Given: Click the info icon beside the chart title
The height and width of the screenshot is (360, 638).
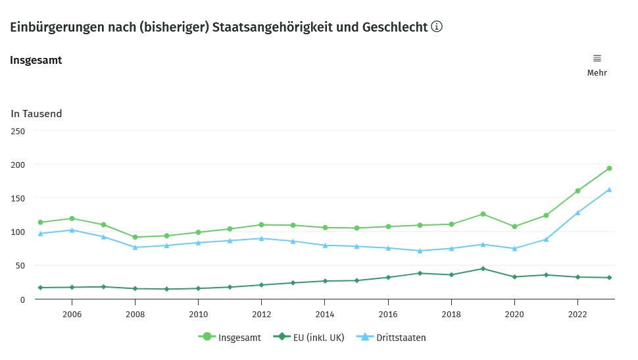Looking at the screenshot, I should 437,27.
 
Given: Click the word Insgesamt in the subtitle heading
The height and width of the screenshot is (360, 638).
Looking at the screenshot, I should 36,61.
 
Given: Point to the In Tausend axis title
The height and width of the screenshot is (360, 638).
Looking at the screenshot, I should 36,114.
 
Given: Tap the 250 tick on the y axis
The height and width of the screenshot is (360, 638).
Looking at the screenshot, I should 18,131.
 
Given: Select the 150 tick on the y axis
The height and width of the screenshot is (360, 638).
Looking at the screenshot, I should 18,198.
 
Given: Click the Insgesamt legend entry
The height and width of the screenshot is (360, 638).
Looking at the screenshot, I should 230,338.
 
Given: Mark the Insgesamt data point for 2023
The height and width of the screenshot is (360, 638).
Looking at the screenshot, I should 609,168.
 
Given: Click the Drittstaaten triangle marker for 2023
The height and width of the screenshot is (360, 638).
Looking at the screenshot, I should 609,190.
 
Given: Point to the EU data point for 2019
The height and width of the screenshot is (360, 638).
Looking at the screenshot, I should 483,269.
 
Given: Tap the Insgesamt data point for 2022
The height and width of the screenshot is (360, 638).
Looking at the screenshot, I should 577,191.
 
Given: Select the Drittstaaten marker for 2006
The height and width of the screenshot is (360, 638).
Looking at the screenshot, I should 72,230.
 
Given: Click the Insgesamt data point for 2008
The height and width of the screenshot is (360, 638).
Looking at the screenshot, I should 135,237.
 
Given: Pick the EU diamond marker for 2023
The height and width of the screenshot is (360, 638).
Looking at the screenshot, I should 609,278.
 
